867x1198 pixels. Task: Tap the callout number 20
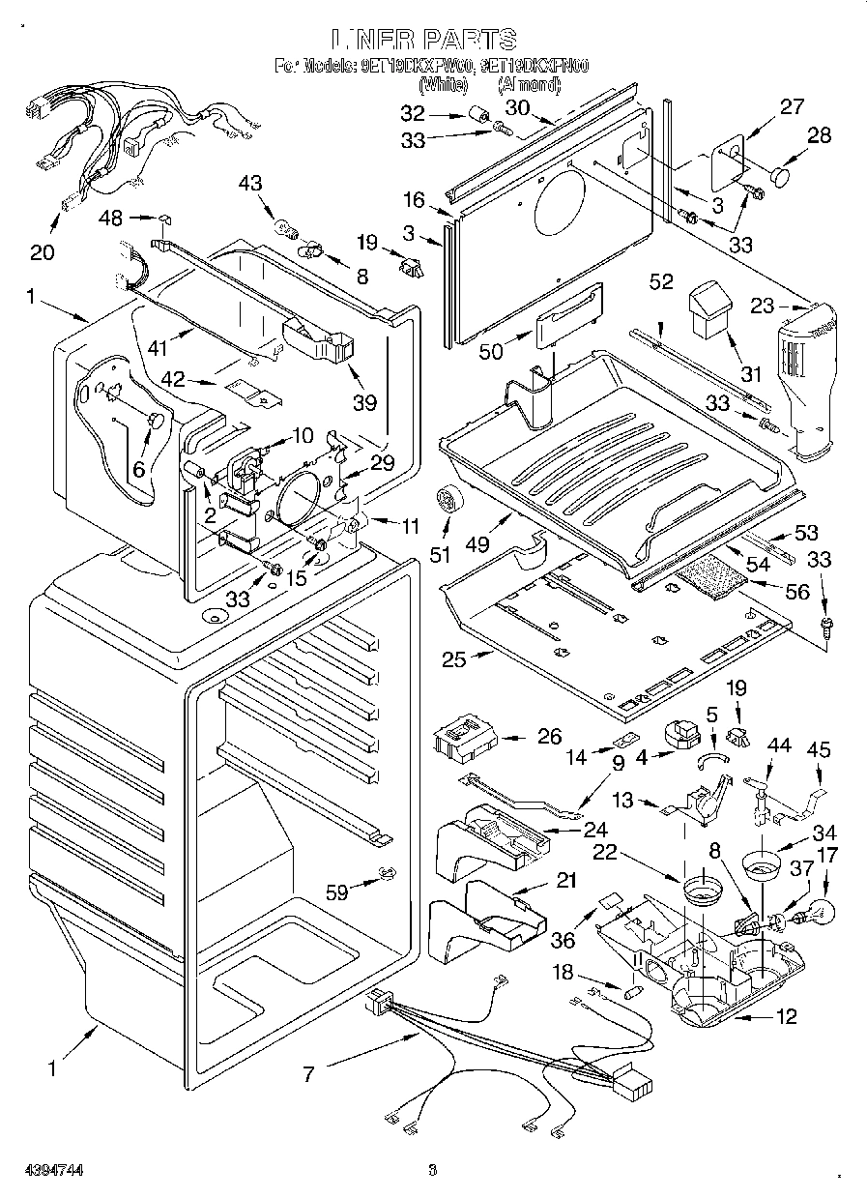coord(42,252)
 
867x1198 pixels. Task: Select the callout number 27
coord(792,107)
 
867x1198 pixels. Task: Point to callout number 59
coord(336,893)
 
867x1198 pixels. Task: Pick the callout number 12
coord(787,1016)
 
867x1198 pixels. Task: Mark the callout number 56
coord(796,593)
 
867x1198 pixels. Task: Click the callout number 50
coord(491,352)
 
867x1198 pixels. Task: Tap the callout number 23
coord(763,307)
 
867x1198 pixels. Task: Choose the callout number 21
coord(565,881)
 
